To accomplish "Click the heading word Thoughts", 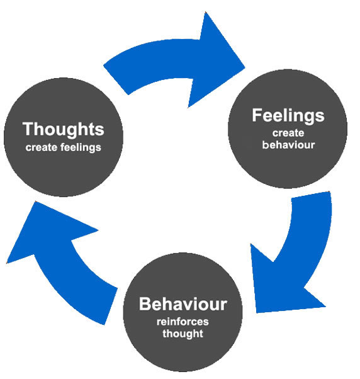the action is (x=64, y=130).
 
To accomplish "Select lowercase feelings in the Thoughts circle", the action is (x=81, y=148).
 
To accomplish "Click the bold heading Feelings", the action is (x=288, y=116).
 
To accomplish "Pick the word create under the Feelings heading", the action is (x=288, y=133).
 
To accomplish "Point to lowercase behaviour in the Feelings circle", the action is (x=288, y=145).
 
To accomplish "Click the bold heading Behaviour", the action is (x=183, y=304).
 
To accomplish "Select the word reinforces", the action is (x=183, y=322).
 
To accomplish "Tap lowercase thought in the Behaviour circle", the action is (x=183, y=334).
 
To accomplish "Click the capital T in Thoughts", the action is (x=28, y=129).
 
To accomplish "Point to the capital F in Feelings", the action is (x=257, y=115).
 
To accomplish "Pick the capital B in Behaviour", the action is (x=145, y=304).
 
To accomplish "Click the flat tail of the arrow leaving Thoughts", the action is (x=116, y=80).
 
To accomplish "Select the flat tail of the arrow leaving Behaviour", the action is (x=111, y=307).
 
